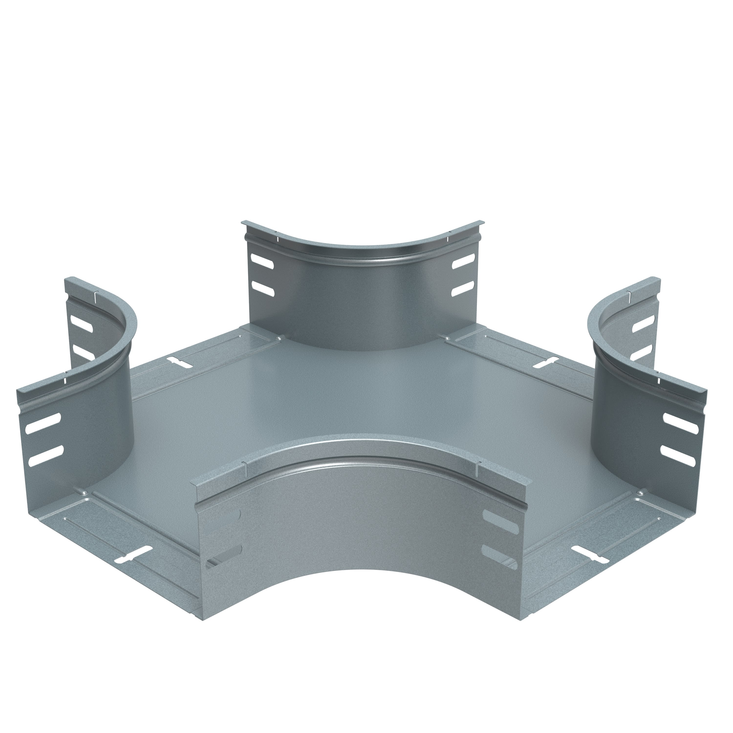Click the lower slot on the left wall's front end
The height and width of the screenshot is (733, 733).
click(45, 454)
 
